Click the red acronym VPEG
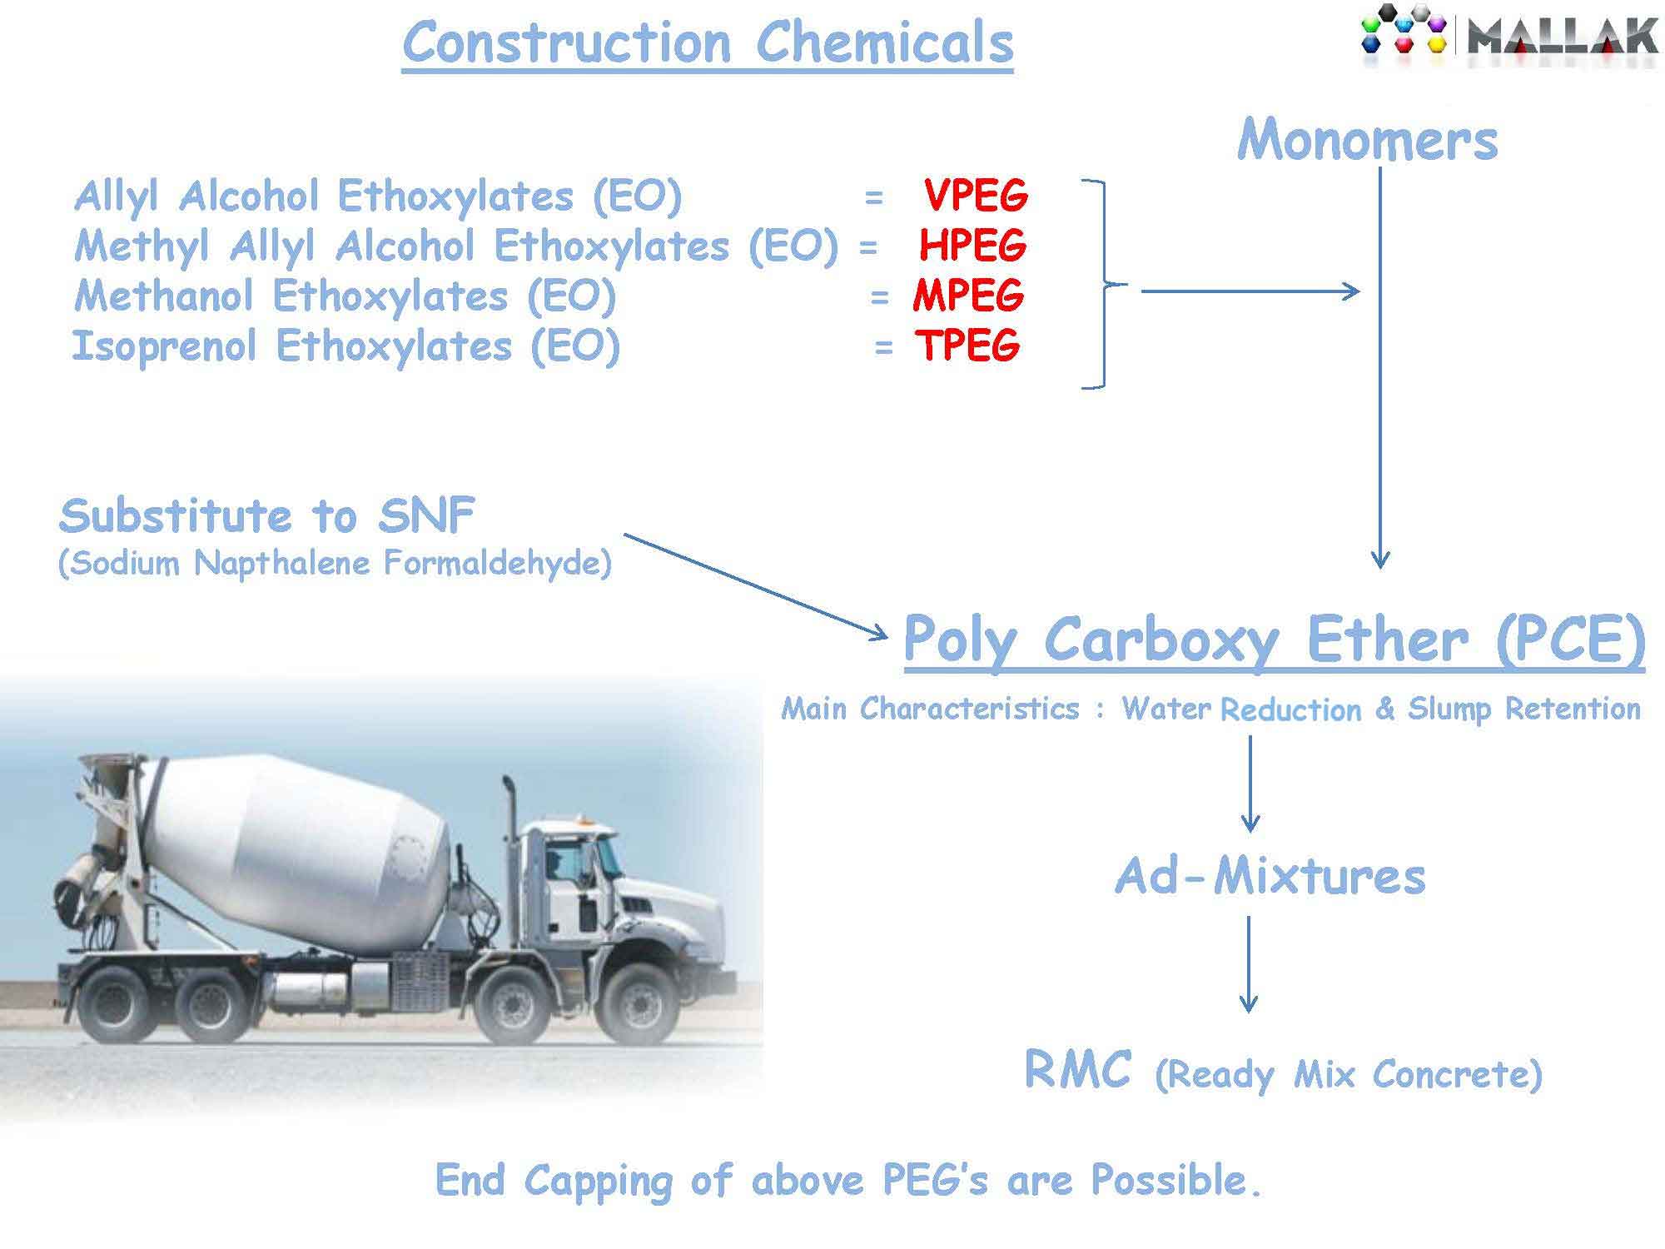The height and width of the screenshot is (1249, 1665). (976, 196)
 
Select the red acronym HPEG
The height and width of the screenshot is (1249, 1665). (973, 246)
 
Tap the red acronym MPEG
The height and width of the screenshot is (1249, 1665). (968, 296)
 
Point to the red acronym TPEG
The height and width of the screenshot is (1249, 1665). (967, 345)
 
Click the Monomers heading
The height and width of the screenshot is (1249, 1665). (1368, 139)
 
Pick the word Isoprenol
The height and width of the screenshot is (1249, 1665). (164, 346)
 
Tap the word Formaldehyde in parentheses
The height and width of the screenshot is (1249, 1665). (497, 564)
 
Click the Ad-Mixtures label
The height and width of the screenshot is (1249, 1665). (1270, 877)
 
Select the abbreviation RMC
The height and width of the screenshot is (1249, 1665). (1077, 1069)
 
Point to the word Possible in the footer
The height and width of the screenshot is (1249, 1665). (1176, 1180)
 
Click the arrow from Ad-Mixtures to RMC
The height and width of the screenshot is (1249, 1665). (1248, 964)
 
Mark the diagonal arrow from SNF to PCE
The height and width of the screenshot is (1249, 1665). (756, 587)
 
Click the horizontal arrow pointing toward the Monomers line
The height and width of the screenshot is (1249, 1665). (1250, 291)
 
